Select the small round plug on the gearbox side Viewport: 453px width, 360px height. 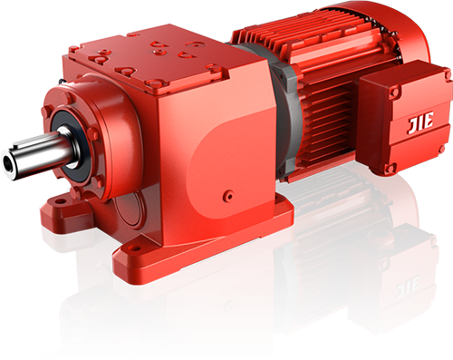(x=228, y=196)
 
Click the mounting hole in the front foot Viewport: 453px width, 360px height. (x=136, y=248)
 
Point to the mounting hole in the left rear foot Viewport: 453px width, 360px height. (x=62, y=200)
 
